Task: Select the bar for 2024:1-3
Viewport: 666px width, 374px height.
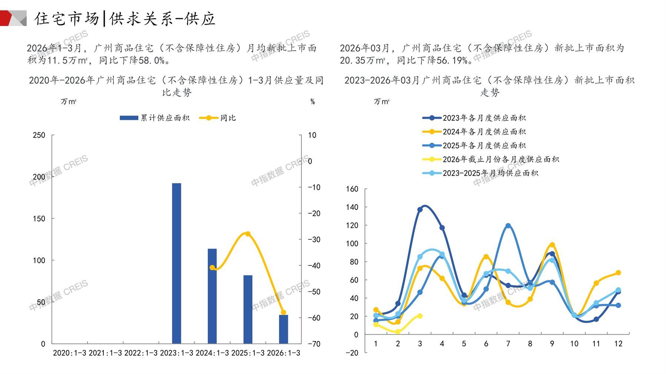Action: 212,296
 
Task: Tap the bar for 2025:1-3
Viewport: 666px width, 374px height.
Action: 248,309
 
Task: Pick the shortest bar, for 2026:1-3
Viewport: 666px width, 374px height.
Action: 283,329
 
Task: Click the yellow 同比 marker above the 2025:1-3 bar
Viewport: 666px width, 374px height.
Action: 248,234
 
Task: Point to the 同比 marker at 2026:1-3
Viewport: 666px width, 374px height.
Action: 283,313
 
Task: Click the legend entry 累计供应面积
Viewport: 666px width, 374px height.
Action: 155,118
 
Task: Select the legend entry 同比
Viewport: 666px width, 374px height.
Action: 218,118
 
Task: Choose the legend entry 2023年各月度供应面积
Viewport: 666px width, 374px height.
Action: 474,118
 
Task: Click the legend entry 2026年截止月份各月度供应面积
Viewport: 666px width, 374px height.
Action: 491,159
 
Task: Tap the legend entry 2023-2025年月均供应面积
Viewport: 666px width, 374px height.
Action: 480,173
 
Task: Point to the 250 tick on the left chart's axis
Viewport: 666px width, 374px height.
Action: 39,135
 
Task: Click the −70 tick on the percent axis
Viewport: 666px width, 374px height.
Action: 314,344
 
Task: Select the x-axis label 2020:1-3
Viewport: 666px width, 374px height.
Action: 69,353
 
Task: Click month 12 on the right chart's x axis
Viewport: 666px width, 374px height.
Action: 618,344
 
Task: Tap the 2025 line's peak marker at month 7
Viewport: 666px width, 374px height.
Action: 508,226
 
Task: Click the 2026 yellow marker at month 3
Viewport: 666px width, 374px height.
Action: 420,316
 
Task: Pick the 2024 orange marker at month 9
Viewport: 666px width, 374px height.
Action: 552,245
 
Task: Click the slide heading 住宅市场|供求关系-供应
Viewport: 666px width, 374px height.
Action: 125,19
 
